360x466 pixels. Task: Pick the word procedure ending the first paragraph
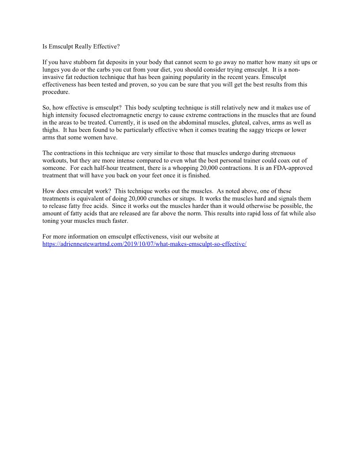click(56, 92)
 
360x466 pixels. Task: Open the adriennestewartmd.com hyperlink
click(144, 244)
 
